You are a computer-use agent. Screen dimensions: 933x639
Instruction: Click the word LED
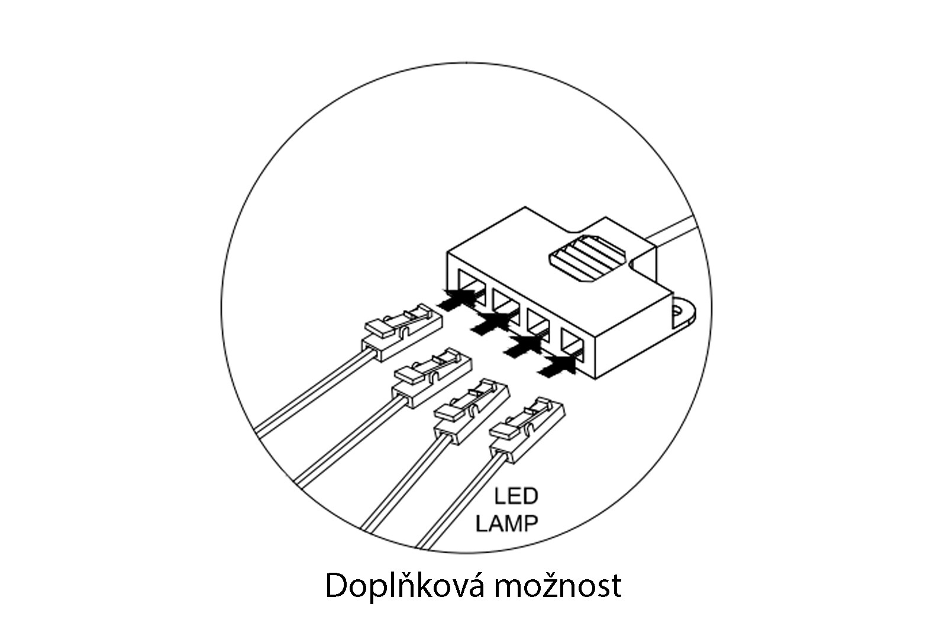coord(516,496)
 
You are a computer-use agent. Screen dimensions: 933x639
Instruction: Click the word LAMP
coord(506,523)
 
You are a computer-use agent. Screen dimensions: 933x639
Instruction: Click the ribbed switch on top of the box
coord(587,259)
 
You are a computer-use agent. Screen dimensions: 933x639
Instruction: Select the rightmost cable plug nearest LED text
coord(527,431)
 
